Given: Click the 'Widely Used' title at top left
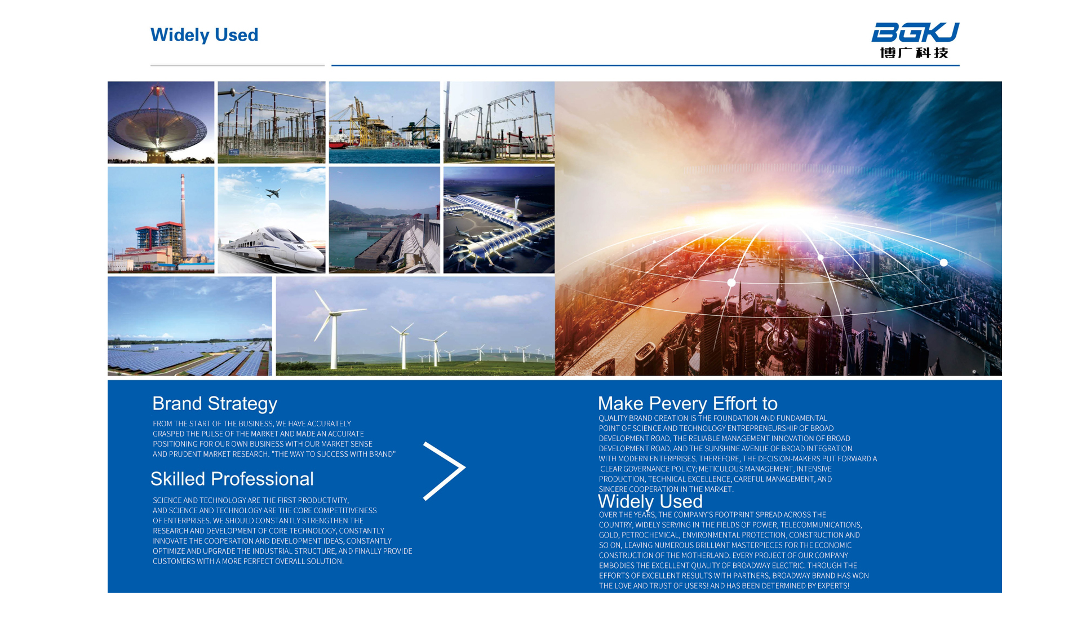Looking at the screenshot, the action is [x=204, y=35].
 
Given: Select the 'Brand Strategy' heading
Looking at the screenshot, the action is [x=215, y=404].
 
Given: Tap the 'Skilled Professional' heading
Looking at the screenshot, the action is [x=232, y=479].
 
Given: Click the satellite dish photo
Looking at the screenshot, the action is [x=161, y=122].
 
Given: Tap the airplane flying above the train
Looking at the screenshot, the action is [x=273, y=193].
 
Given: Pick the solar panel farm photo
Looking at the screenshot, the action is [x=190, y=326].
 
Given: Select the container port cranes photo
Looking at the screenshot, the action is [x=384, y=122].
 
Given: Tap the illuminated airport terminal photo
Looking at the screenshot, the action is [x=499, y=220].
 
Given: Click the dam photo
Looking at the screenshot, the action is [x=384, y=220].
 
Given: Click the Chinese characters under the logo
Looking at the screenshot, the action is [x=914, y=52].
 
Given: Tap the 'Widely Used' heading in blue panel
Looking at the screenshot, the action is [x=650, y=501].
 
